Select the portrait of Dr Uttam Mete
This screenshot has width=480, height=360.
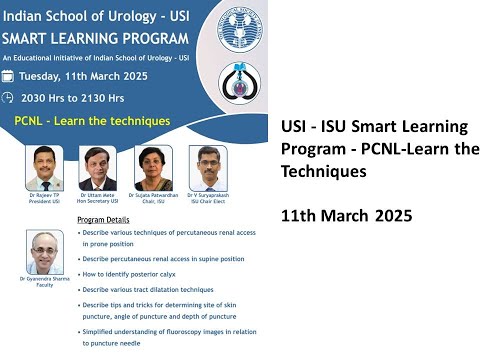pos(98,166)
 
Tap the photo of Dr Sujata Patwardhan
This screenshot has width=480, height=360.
pos(154,166)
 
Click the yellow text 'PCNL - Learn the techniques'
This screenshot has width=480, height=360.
pos(92,121)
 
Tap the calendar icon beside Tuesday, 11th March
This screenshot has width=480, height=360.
pos(9,75)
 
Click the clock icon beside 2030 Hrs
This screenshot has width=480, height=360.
pos(9,97)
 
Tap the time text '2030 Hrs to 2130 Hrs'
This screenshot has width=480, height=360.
pos(76,97)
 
